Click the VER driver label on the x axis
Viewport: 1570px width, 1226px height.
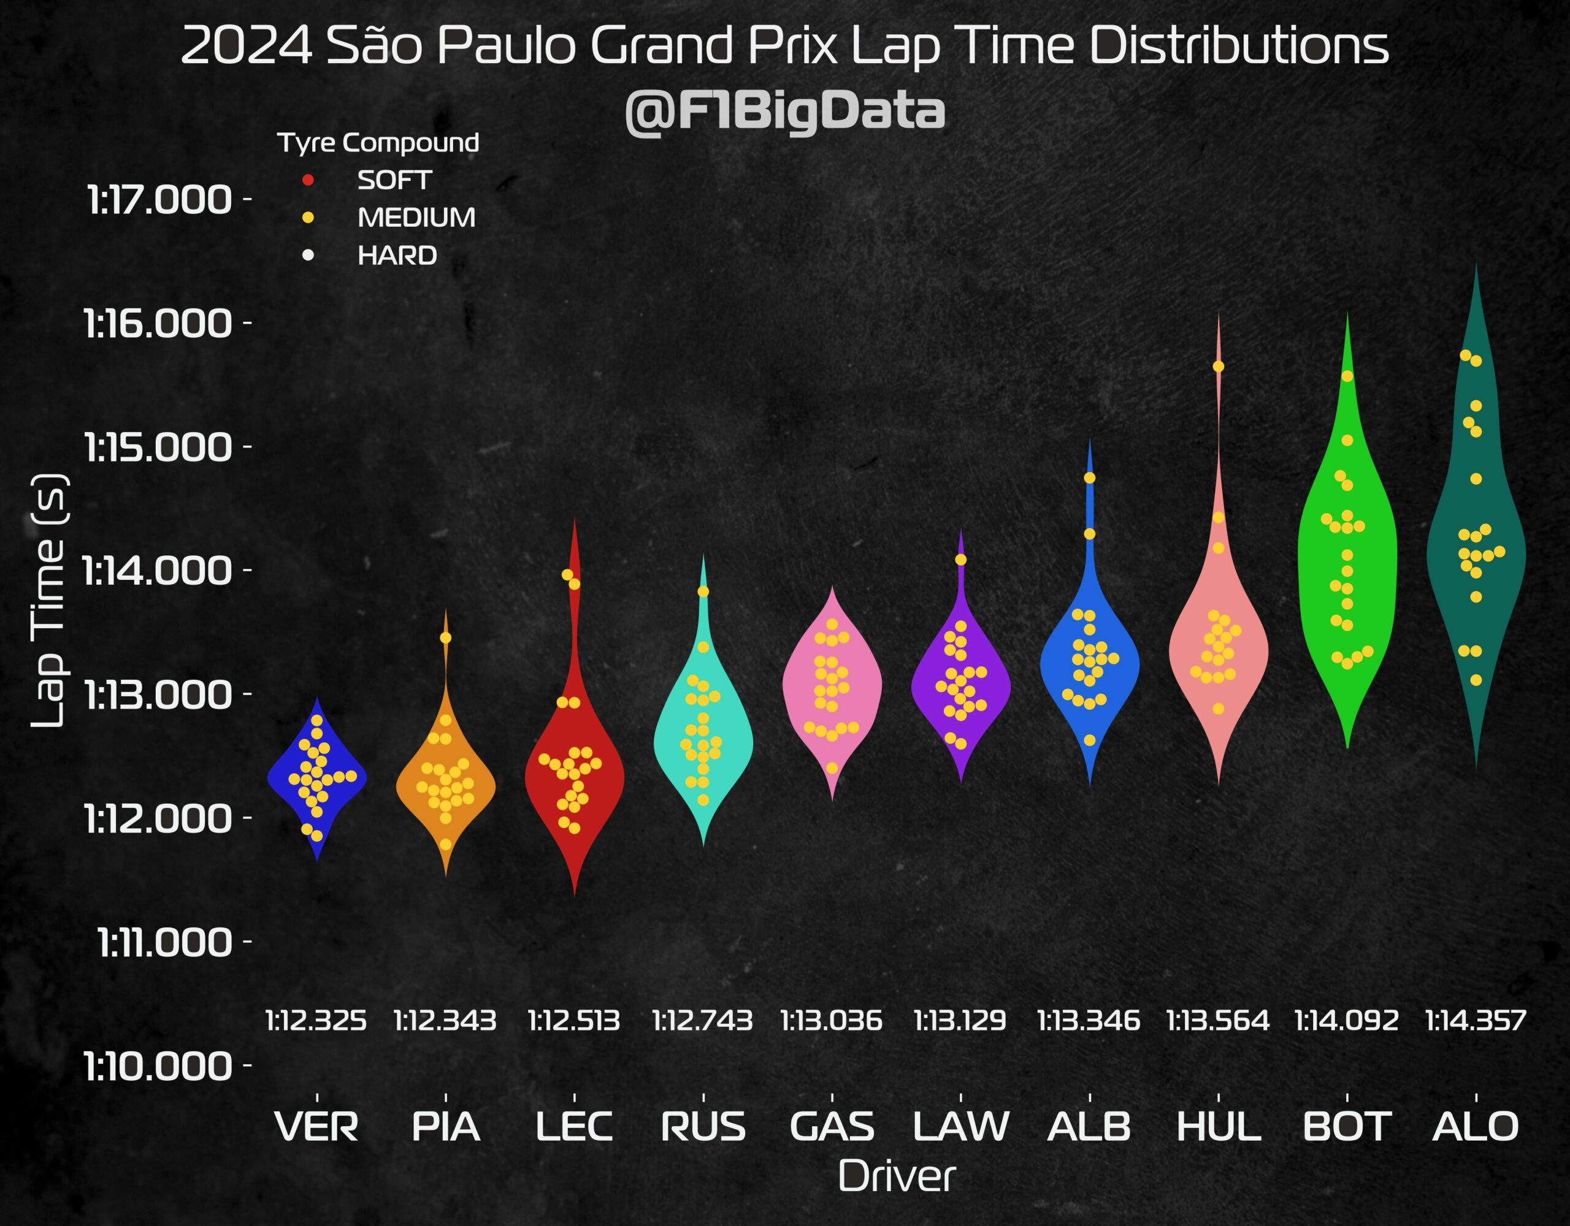coord(316,1126)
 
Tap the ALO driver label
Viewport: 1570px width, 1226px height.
coord(1475,1126)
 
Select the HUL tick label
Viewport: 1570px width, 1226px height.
coord(1219,1126)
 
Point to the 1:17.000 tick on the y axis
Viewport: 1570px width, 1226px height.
coord(159,200)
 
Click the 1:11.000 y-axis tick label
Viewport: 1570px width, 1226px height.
coord(164,942)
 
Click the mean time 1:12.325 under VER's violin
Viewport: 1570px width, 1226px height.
coord(316,1021)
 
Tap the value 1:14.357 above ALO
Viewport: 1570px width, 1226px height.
coord(1475,1021)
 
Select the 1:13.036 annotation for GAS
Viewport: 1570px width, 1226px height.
coord(832,1021)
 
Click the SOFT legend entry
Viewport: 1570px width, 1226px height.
coord(394,180)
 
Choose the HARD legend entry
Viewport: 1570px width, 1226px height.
coord(397,255)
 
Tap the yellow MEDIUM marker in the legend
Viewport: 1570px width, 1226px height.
coord(308,217)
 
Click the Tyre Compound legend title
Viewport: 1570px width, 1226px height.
coord(378,142)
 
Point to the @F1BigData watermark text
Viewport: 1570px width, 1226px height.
coord(785,112)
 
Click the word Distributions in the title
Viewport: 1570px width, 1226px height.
coord(1239,46)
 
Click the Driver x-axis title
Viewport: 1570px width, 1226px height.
coord(897,1177)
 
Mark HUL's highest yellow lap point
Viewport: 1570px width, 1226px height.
coord(1219,367)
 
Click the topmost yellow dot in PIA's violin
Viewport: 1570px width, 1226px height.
coord(446,638)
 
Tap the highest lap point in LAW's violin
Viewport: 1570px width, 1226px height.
coord(961,560)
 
